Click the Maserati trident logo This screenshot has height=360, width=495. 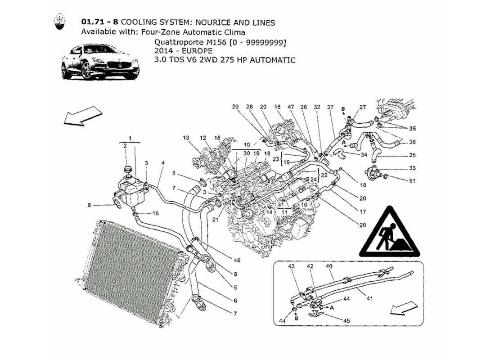click(59, 22)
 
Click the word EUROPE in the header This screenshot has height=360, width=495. click(188, 51)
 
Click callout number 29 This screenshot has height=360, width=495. click(235, 107)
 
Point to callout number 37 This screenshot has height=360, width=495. click(330, 107)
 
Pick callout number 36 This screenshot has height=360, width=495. click(412, 143)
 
